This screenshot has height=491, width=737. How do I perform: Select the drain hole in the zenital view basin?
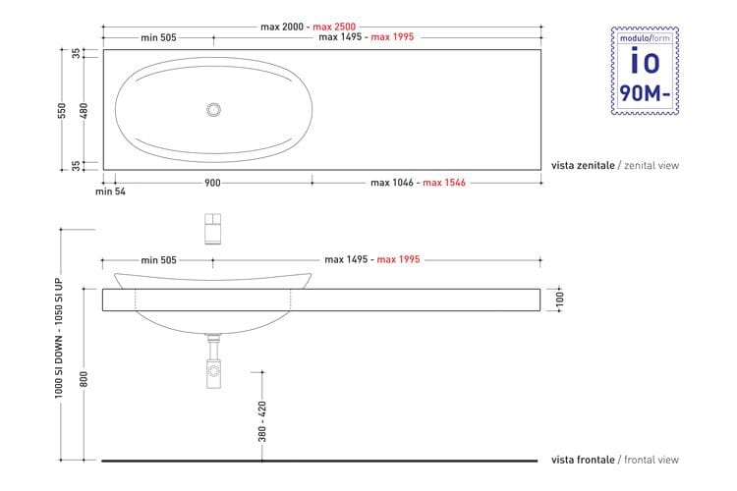213,110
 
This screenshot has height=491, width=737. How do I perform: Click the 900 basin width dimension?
212,183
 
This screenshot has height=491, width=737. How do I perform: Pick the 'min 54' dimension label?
110,191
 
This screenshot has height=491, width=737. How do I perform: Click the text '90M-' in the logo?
644,94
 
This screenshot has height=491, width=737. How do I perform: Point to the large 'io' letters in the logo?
644,62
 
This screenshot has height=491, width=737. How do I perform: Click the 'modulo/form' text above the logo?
644,37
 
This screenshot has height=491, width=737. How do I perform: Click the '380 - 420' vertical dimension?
262,419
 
